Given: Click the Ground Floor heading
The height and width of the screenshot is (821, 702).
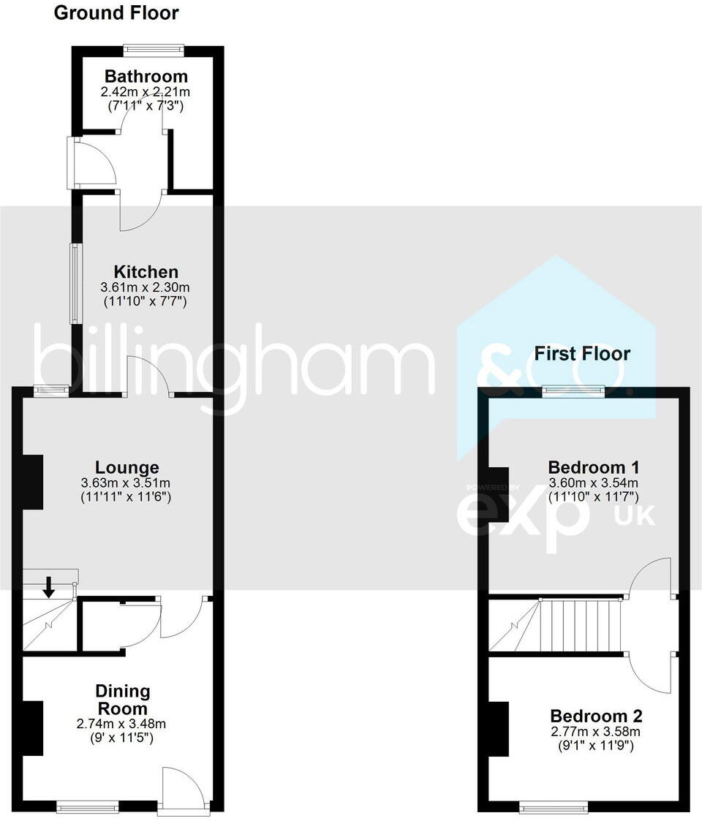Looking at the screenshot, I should pyautogui.click(x=116, y=12).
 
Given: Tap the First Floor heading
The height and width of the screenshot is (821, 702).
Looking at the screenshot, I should pyautogui.click(x=582, y=354).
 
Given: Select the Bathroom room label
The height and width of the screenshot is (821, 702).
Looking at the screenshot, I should pyautogui.click(x=146, y=76).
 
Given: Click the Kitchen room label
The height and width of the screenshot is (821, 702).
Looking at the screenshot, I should pyautogui.click(x=145, y=272).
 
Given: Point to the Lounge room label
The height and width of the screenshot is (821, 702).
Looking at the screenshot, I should pyautogui.click(x=127, y=467).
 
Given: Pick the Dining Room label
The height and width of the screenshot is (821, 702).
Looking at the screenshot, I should pyautogui.click(x=123, y=700).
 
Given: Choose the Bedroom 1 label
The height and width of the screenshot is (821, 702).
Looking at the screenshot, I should pyautogui.click(x=593, y=467).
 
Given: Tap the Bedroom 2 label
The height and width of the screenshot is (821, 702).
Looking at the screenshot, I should pyautogui.click(x=596, y=715).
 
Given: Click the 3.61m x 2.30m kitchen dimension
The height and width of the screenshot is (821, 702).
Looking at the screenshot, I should pyautogui.click(x=145, y=287).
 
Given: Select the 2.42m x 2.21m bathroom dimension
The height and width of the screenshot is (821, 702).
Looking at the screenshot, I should pyautogui.click(x=146, y=92).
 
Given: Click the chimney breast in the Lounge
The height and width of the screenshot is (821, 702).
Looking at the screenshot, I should pyautogui.click(x=33, y=483).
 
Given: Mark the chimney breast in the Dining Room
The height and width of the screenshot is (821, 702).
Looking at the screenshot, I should pyautogui.click(x=33, y=728).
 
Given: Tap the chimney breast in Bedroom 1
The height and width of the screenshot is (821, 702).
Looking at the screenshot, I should pyautogui.click(x=498, y=495).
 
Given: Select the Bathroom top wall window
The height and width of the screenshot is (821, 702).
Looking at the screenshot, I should pyautogui.click(x=153, y=50).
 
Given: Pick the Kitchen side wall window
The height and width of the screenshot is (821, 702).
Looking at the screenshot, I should pyautogui.click(x=74, y=283).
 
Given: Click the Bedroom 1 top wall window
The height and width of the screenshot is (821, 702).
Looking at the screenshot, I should pyautogui.click(x=573, y=392).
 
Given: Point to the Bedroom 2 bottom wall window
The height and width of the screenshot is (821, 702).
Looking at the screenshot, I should pyautogui.click(x=554, y=807).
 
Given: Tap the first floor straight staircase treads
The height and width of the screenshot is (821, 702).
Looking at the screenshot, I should pyautogui.click(x=581, y=625).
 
